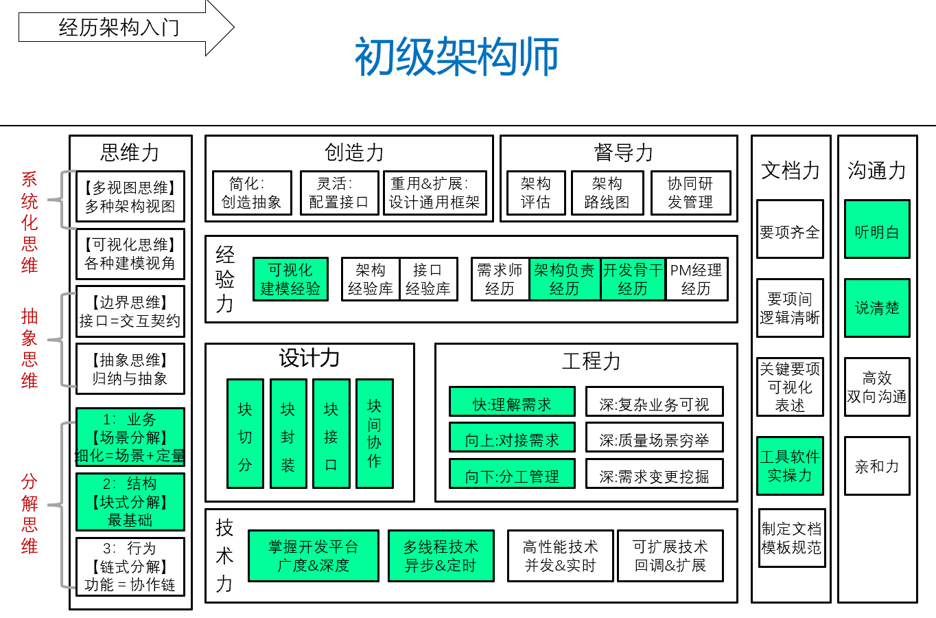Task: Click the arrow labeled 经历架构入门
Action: click(x=126, y=27)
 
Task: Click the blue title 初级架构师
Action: click(x=457, y=56)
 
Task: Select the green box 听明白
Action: click(x=877, y=229)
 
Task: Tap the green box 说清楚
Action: click(x=877, y=308)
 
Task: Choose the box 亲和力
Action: click(x=877, y=466)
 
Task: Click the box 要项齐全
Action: click(x=790, y=229)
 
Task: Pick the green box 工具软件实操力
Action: click(x=790, y=466)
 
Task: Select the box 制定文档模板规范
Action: click(x=792, y=538)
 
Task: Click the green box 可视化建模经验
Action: click(x=290, y=279)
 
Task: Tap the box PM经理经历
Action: click(x=697, y=279)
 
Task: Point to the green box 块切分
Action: click(x=245, y=433)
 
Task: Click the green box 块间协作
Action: click(x=375, y=433)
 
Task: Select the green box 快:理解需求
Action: click(x=512, y=402)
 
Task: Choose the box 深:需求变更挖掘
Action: click(x=655, y=474)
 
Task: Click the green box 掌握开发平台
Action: click(x=314, y=556)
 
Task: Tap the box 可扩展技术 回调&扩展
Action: click(x=670, y=556)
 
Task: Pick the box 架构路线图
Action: click(x=607, y=193)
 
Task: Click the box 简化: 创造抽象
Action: click(x=252, y=193)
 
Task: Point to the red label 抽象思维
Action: click(x=30, y=348)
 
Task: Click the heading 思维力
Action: click(x=130, y=152)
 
